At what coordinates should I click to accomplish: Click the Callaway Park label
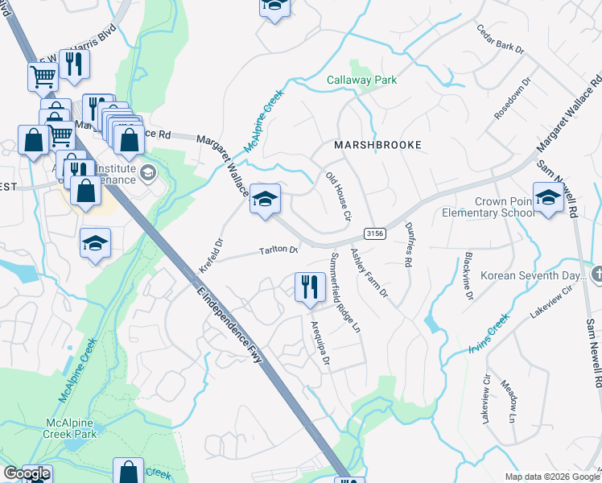tap(361, 80)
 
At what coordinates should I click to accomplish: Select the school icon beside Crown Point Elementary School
tap(548, 197)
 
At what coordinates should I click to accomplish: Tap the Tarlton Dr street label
tap(278, 250)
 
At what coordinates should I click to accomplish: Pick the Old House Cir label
tap(338, 196)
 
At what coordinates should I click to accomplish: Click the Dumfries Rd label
tap(409, 245)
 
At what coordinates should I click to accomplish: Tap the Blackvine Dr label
tap(468, 276)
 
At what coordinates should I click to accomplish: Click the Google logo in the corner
tap(26, 473)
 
